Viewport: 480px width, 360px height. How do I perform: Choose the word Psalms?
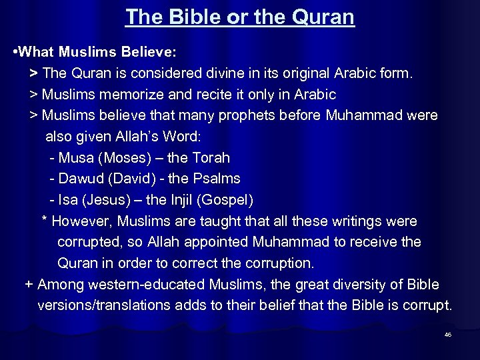coord(219,179)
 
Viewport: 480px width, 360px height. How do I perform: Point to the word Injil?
coord(181,200)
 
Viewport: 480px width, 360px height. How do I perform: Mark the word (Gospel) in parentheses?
coord(227,200)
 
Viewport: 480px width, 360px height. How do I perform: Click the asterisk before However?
coord(45,221)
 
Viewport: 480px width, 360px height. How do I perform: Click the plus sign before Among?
coord(29,285)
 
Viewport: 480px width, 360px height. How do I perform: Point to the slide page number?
coord(448,335)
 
